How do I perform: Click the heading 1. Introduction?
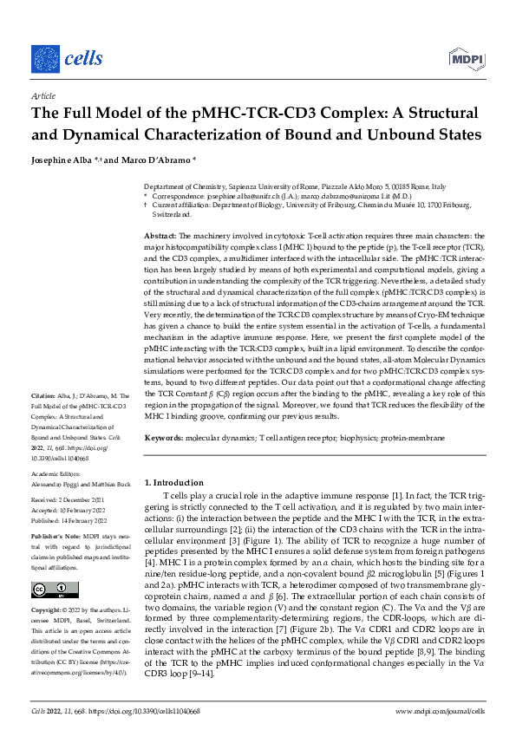tap(177, 481)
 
